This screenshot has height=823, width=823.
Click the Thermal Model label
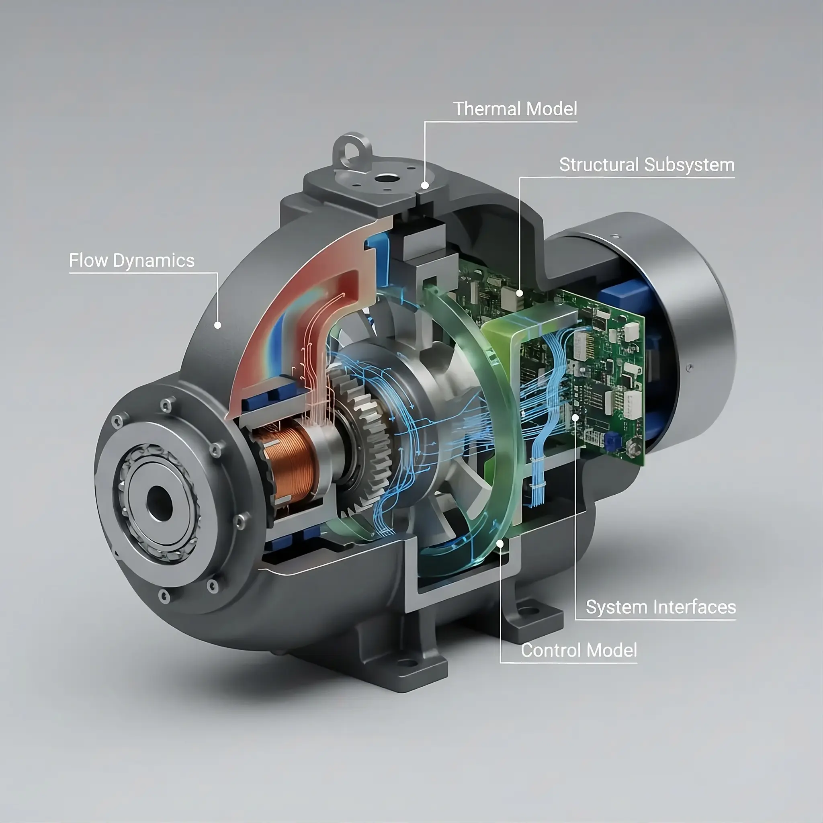[515, 109]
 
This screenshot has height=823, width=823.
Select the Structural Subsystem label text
[647, 165]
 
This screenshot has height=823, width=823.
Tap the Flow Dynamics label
[132, 261]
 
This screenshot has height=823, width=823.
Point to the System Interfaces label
[661, 607]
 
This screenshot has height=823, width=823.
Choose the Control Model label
[579, 650]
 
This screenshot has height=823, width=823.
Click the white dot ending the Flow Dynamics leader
[218, 325]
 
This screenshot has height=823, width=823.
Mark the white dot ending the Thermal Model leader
[425, 185]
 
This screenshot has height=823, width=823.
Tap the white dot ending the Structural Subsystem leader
[520, 293]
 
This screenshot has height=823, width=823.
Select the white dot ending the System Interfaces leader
[575, 418]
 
